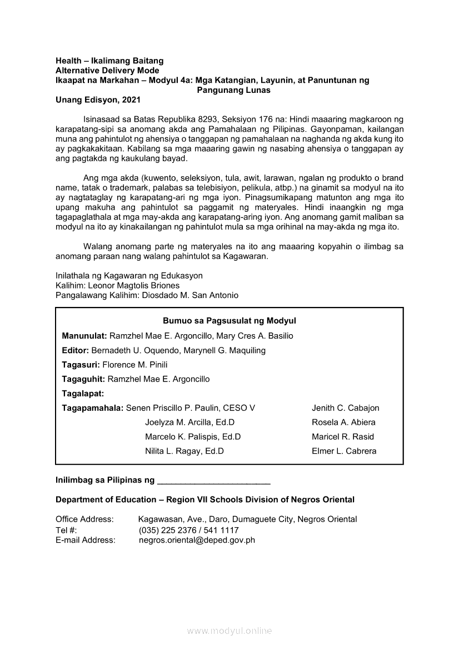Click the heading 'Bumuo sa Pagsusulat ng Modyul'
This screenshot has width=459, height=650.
[229, 321]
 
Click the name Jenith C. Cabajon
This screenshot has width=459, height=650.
[345, 408]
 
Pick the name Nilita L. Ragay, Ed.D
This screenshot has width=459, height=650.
[184, 451]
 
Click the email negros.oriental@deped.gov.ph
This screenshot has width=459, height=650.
[197, 540]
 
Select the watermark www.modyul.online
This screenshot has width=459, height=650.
[229, 631]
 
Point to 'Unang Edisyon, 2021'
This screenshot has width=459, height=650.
[98, 100]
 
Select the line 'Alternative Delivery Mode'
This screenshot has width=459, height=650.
[107, 71]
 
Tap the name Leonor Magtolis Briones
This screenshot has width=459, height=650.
[132, 285]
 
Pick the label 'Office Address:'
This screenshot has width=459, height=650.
[84, 519]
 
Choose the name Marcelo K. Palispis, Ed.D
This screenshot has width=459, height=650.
[192, 436]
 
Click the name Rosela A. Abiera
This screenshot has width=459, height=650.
[343, 422]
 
